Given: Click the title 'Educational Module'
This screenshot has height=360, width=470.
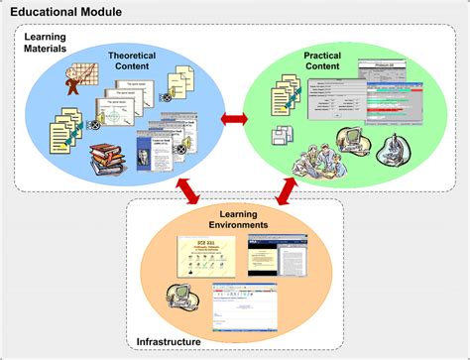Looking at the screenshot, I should pos(66,12).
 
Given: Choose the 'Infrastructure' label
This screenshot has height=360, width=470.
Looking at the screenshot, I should pos(170,342).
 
